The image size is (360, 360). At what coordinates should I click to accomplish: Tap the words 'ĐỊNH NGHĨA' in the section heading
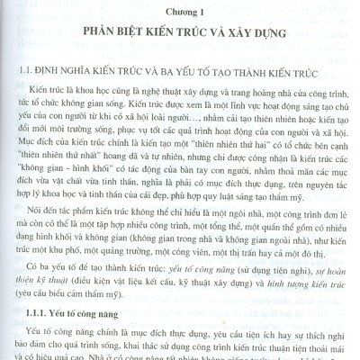(66, 77)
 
